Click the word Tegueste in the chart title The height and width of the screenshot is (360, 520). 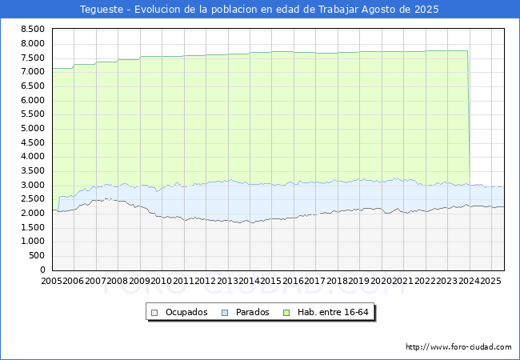[102, 10]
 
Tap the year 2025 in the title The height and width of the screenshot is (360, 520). [426, 10]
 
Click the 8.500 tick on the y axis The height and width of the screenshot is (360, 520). [33, 29]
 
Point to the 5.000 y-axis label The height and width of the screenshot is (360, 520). [33, 128]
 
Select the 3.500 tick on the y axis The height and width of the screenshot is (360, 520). [33, 170]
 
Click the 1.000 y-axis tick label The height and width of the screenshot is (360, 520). [33, 242]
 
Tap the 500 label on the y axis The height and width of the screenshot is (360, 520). [37, 255]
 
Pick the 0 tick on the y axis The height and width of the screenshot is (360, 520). [42, 270]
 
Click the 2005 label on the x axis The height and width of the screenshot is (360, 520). [51, 281]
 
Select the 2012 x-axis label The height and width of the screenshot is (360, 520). [205, 281]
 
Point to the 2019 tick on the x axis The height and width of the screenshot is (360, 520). [359, 281]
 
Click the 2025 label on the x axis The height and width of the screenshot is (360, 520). [490, 281]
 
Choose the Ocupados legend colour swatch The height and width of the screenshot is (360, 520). [154, 313]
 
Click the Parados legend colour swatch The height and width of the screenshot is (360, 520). [225, 313]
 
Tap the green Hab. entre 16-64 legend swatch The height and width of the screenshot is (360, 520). [286, 313]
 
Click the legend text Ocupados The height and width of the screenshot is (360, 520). [186, 312]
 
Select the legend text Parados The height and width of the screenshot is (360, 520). [252, 312]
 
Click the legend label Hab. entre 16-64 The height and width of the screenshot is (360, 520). [333, 312]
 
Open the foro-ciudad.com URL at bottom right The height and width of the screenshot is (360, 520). [458, 347]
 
